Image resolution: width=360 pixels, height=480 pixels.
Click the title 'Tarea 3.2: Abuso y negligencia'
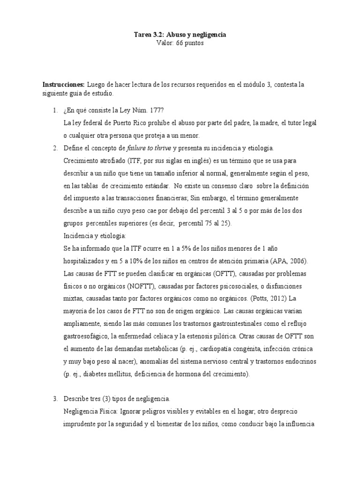pos(180,35)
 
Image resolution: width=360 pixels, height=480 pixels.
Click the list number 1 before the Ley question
pos(55,110)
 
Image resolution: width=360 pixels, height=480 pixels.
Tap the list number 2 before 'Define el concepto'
pos(55,148)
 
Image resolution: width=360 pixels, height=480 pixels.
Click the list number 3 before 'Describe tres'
pos(55,398)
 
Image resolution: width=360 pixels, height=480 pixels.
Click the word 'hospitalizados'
pos(86,261)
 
